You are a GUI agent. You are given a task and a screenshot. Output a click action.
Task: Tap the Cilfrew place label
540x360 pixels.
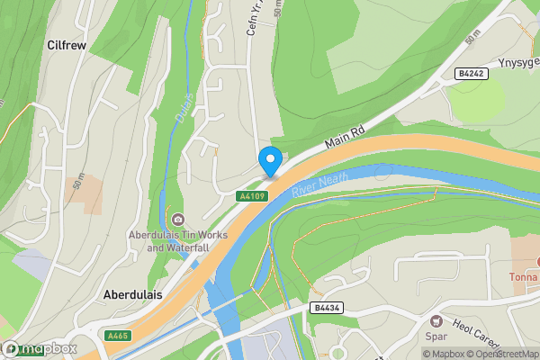pyautogui.click(x=66, y=44)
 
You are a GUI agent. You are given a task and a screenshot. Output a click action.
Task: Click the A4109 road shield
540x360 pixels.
pyautogui.click(x=252, y=195)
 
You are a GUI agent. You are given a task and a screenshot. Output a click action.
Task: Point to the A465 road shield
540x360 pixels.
pyautogui.click(x=118, y=335)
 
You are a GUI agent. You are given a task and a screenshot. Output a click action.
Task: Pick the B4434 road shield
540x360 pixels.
pyautogui.click(x=328, y=308)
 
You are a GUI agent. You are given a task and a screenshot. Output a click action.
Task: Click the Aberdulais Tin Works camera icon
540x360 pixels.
pyautogui.click(x=178, y=220)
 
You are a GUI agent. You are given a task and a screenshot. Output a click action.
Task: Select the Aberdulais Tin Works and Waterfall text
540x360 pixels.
pyautogui.click(x=176, y=241)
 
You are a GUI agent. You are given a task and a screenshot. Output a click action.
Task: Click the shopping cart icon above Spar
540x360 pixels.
pyautogui.click(x=436, y=321)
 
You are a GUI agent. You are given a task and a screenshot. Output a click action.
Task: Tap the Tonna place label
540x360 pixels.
pyautogui.click(x=524, y=276)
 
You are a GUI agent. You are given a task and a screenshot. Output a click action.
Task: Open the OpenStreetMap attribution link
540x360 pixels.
pyautogui.click(x=500, y=353)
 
